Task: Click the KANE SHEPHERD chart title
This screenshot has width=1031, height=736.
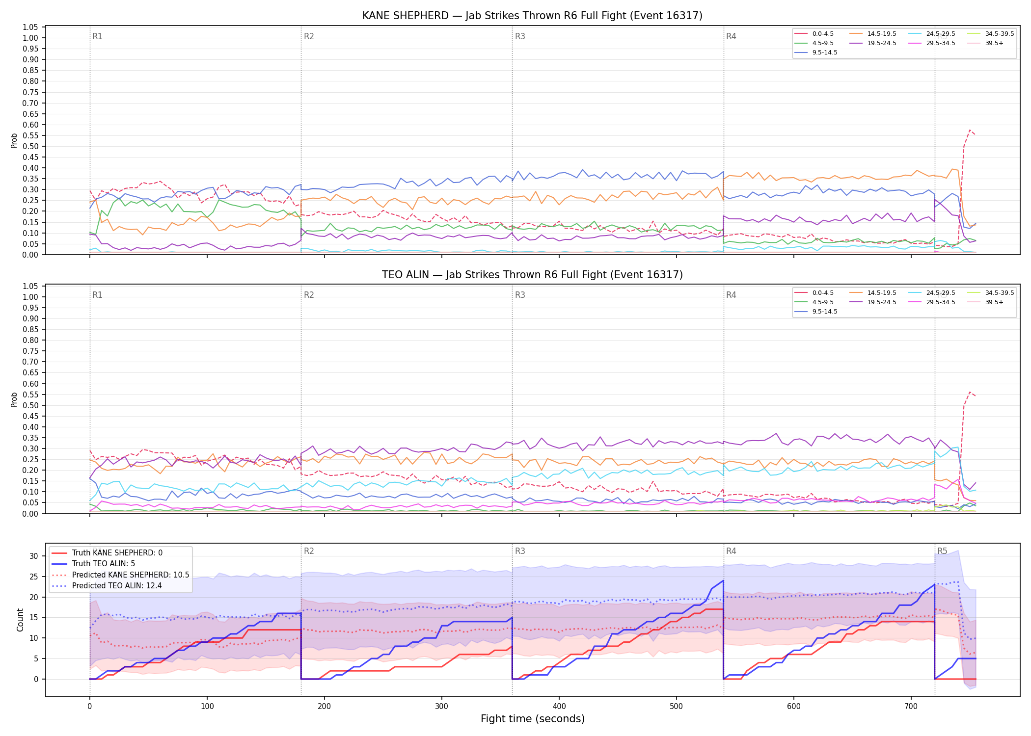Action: click(x=532, y=16)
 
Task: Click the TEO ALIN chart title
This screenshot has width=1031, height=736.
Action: click(x=532, y=275)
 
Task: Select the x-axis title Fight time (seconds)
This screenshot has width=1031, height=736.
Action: click(x=533, y=719)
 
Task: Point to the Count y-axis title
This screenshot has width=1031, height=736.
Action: click(x=20, y=620)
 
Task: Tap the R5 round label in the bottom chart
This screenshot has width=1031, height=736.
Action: click(x=942, y=551)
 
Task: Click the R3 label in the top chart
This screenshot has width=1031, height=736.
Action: click(x=520, y=36)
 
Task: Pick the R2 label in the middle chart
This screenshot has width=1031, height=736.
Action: click(x=309, y=295)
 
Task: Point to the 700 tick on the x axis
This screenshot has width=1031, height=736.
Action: click(x=911, y=707)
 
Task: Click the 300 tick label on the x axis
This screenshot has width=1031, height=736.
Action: click(x=442, y=707)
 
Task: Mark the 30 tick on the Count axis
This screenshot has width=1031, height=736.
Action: click(x=34, y=556)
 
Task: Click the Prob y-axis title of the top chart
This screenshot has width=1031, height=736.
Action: click(x=14, y=141)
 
